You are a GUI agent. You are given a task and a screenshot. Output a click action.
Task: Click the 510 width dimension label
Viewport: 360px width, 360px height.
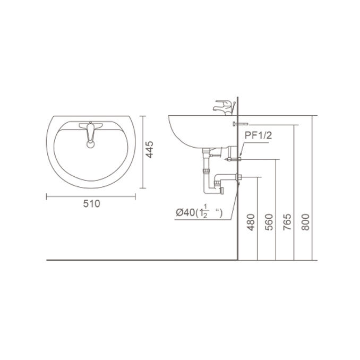click(x=92, y=204)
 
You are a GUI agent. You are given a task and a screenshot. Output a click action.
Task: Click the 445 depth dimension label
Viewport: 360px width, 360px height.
click(x=149, y=149)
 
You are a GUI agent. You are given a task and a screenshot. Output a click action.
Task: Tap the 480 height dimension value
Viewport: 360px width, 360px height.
click(x=251, y=222)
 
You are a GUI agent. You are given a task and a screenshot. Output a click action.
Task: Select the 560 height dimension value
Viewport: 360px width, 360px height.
click(x=269, y=222)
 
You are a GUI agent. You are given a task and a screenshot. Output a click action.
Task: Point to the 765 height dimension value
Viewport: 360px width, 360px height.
click(x=287, y=222)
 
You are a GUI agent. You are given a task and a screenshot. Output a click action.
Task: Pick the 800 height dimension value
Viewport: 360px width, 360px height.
click(x=306, y=222)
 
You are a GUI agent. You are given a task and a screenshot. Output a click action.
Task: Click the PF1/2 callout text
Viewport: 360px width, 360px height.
click(x=258, y=135)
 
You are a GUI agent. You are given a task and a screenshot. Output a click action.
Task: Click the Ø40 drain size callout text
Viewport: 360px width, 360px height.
click(x=199, y=212)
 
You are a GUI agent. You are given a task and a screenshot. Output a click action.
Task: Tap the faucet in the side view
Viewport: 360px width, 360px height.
click(x=224, y=107)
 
